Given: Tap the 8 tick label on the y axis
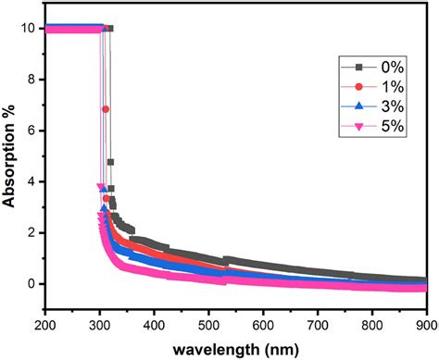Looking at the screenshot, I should click(31, 80).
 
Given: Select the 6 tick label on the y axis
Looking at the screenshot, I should click(31, 130).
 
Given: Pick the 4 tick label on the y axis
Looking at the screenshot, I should click(31, 181).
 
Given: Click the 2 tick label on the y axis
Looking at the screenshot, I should click(31, 232).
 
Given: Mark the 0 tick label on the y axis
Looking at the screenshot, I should click(31, 284).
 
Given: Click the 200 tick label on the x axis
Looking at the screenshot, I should click(45, 324).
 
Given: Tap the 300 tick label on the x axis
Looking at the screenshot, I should click(100, 324).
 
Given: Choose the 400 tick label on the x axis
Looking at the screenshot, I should click(155, 324).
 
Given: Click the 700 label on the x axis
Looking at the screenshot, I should click(318, 324).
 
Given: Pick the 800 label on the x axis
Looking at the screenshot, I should click(372, 324).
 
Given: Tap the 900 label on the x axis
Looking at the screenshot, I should click(422, 324).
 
